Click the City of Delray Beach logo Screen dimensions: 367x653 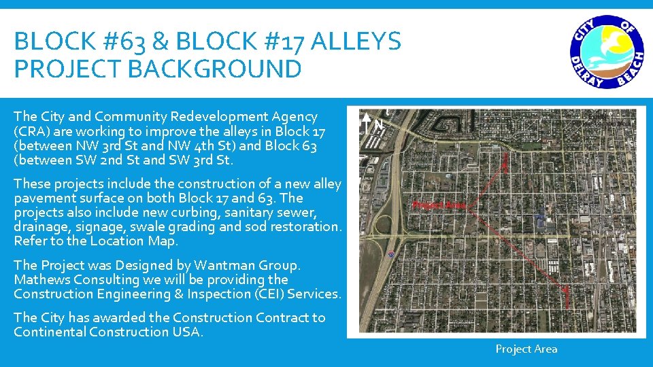pyautogui.click(x=607, y=52)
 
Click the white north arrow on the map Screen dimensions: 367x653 pyautogui.click(x=367, y=123)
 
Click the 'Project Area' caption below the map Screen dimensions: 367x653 pyautogui.click(x=526, y=349)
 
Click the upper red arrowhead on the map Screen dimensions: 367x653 pyautogui.click(x=505, y=160)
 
